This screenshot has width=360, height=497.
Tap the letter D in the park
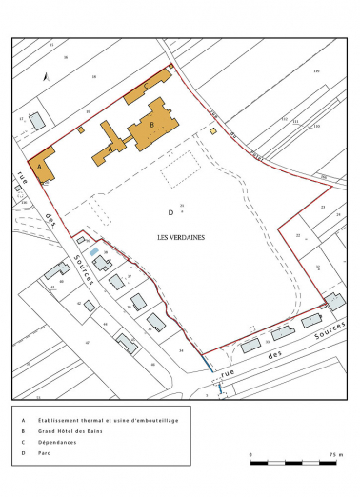point(170,211)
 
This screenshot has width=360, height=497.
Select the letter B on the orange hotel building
point(151,124)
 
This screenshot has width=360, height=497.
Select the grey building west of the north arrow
point(36,121)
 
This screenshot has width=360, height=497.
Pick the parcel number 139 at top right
point(316,71)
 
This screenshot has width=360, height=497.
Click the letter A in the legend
point(21,418)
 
